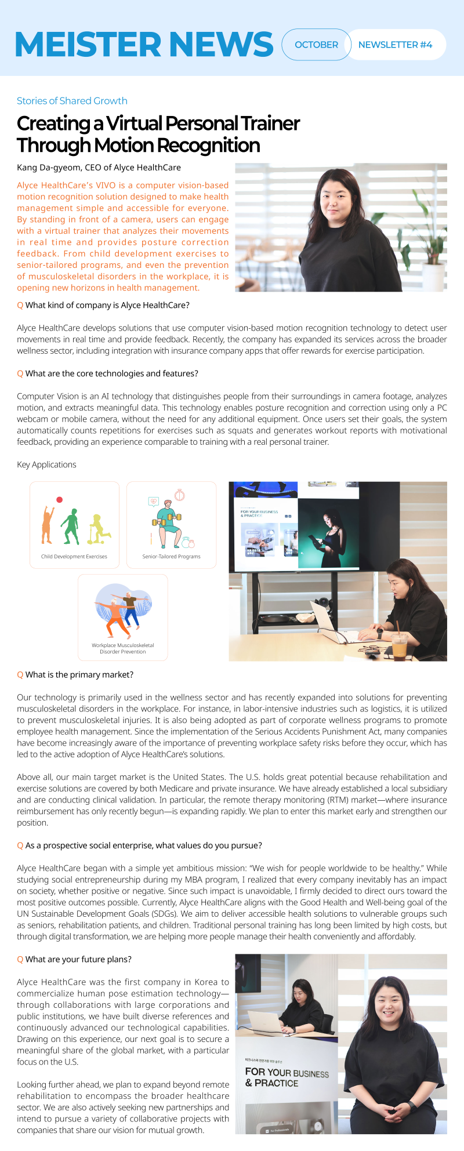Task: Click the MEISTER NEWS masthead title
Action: [144, 44]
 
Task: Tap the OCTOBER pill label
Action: [316, 45]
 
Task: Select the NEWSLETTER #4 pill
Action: [395, 45]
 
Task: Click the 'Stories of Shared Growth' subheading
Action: [72, 101]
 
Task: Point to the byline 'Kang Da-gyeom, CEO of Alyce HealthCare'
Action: [99, 168]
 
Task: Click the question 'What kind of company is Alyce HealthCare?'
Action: [107, 305]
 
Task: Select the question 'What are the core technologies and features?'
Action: [111, 373]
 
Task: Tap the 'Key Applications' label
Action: [46, 464]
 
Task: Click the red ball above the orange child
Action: [59, 500]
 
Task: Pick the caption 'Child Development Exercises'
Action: [74, 557]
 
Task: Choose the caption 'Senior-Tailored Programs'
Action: [171, 557]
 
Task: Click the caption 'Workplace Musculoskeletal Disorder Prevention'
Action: [123, 648]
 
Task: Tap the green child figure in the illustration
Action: [71, 526]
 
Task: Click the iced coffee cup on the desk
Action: [400, 647]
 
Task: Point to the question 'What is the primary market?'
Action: [79, 674]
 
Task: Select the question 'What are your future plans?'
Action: [78, 959]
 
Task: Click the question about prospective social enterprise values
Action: [143, 845]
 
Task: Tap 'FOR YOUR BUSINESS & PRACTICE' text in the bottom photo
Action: [287, 1077]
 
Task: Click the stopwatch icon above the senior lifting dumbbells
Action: [180, 495]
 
